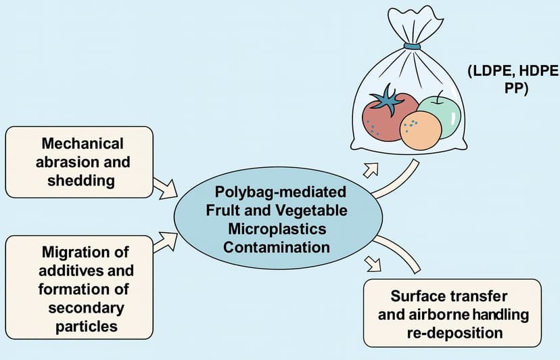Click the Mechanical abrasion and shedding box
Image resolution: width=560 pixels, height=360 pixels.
[79, 162]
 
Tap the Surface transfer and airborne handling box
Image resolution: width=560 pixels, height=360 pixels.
[452, 314]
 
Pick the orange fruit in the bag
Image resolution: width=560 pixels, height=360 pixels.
[420, 130]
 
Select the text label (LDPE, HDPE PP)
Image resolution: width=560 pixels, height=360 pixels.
[511, 81]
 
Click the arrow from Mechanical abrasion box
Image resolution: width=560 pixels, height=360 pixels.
[165, 187]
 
